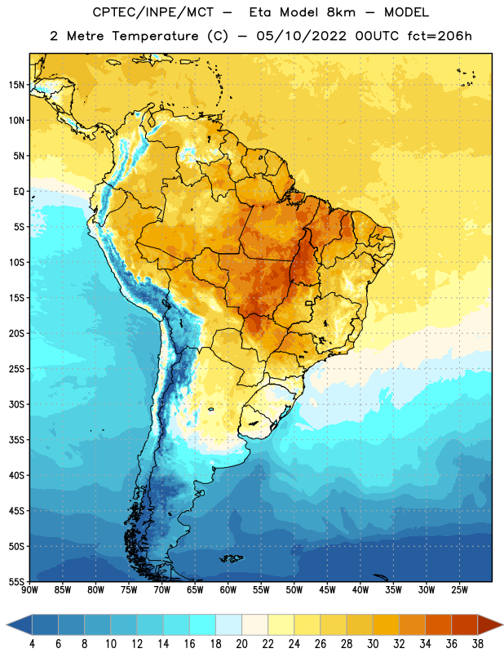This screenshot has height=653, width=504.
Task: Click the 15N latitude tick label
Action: [x=16, y=85]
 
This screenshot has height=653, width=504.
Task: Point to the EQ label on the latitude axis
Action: [x=19, y=192]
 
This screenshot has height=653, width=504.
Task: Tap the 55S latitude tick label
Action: [x=16, y=581]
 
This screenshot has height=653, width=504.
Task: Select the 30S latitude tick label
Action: [x=16, y=404]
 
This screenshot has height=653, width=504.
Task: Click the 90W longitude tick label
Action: [x=29, y=590]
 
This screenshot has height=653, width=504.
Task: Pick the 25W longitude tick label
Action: [x=459, y=590]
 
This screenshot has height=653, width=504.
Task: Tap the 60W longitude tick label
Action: [x=228, y=590]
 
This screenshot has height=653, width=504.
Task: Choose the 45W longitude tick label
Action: [x=327, y=590]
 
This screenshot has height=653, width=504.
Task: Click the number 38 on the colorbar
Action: [x=477, y=644]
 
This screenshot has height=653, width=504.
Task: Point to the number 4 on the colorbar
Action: [x=32, y=644]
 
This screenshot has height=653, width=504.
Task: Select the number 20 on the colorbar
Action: [x=241, y=644]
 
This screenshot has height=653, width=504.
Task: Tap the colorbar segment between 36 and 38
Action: [x=465, y=624]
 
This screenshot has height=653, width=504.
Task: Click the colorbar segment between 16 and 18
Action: [x=203, y=624]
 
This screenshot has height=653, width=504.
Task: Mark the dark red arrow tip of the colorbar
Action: [x=502, y=624]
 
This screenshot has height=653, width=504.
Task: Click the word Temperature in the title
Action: [x=155, y=36]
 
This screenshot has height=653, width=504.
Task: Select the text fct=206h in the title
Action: [x=440, y=36]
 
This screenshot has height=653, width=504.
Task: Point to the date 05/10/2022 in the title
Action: [x=301, y=36]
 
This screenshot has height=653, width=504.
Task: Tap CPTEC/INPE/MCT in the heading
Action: [x=153, y=12]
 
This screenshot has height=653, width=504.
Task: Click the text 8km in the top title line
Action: [x=341, y=12]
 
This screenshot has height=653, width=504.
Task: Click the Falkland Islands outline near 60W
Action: [x=231, y=558]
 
